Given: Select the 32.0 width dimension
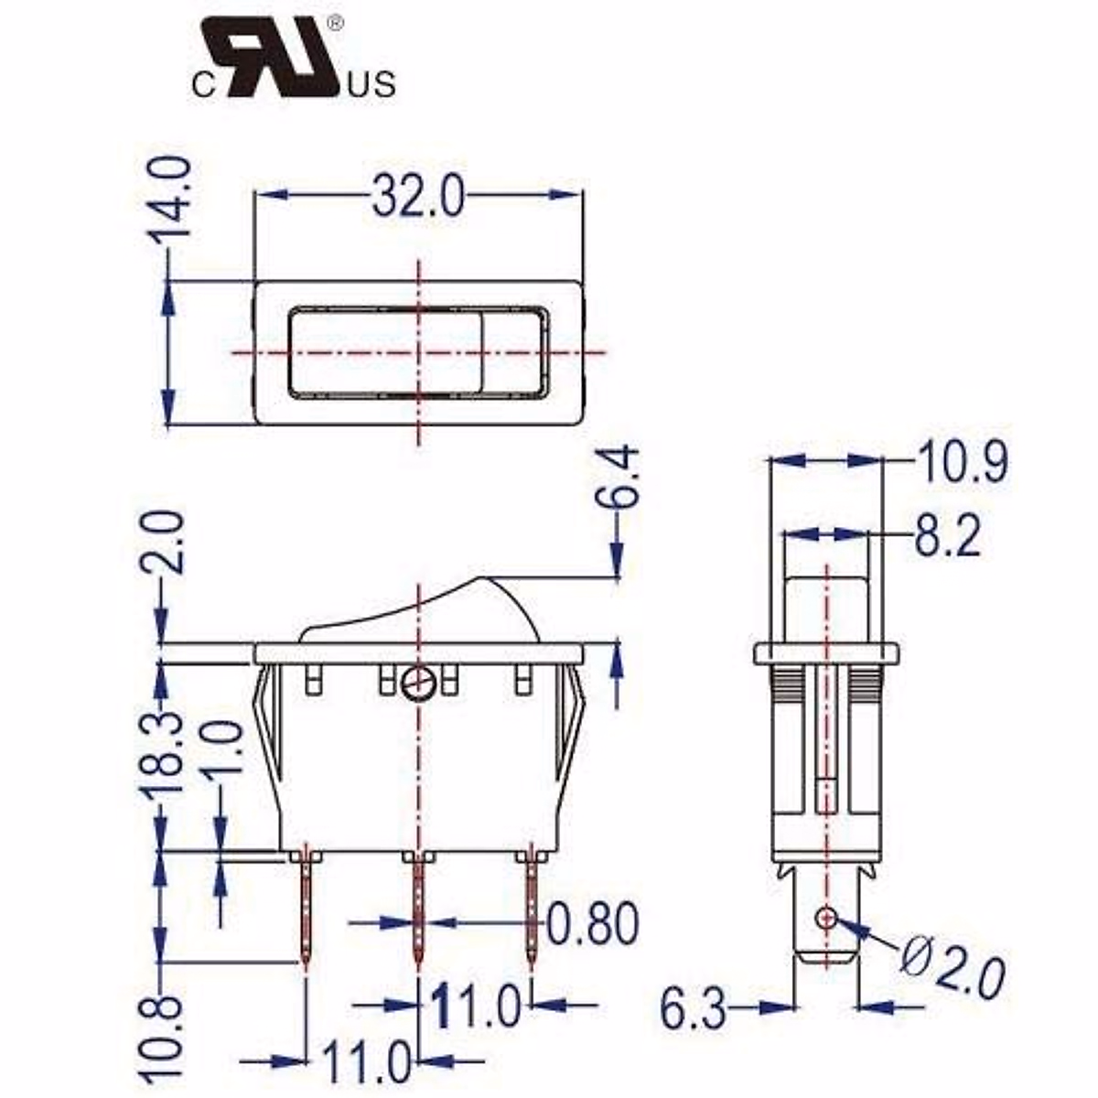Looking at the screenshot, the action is tap(418, 197).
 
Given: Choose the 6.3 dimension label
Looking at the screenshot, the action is tap(694, 1009).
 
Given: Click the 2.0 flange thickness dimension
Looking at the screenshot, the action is tap(168, 542).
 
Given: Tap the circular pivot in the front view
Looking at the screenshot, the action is tap(418, 682).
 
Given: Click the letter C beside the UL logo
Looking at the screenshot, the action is tap(202, 86).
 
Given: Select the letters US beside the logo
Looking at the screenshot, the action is tap(372, 86).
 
